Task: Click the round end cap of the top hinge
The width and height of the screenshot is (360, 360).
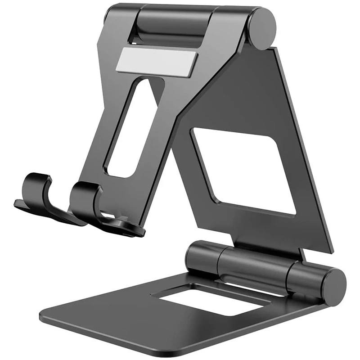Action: coord(263,28)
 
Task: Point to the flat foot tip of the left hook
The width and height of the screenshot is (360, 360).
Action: coord(20,205)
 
